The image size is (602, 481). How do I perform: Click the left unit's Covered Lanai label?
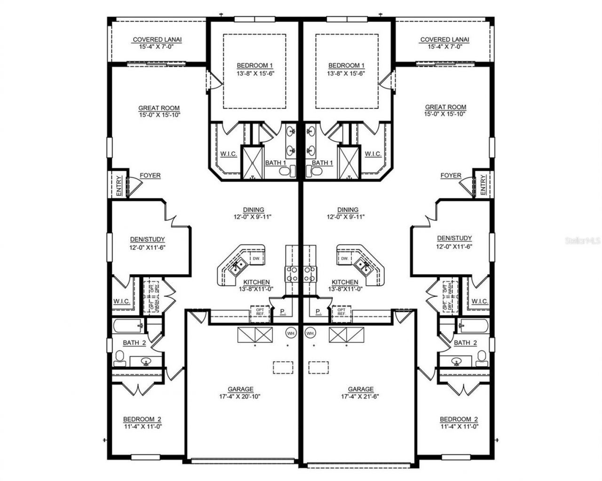pos(157,40)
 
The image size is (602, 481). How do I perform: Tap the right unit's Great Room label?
pos(445,107)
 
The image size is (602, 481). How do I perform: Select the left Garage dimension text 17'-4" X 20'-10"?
pos(240,396)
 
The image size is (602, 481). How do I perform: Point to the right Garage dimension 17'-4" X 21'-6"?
pos(361,396)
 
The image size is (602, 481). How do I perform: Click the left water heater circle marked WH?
pos(291,333)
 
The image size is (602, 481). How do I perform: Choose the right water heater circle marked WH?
pos(310,333)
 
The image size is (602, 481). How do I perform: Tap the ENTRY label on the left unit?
pos(119,186)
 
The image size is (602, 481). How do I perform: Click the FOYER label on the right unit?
pos(451,175)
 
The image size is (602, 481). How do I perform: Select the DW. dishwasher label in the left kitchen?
pos(256,259)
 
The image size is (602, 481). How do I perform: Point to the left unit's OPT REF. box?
pos(260,312)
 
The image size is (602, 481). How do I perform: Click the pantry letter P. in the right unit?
pos(318,311)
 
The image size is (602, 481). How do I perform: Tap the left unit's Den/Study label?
pos(147,239)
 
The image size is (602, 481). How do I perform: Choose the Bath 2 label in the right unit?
pos(465,343)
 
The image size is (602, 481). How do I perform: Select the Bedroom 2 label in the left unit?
pos(143,419)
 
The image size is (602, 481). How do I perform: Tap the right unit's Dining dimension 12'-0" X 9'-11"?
pos(348,217)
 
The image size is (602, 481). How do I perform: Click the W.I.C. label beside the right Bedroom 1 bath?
pos(372,154)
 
